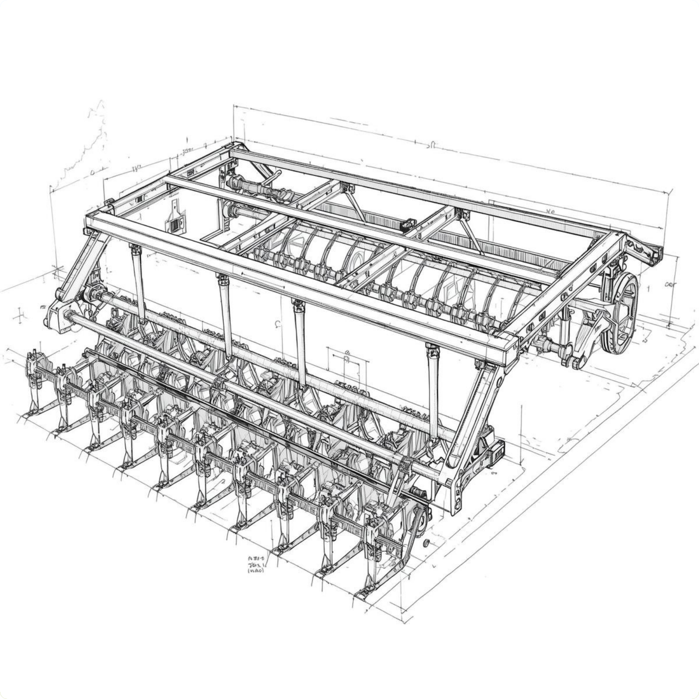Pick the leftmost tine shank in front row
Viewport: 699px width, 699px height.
click(x=33, y=384)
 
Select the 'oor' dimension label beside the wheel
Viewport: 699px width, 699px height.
click(x=670, y=285)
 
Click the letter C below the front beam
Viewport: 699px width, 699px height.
click(x=277, y=324)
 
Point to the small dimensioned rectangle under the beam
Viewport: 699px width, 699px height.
click(x=347, y=365)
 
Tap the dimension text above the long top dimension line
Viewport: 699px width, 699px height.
click(x=430, y=145)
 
